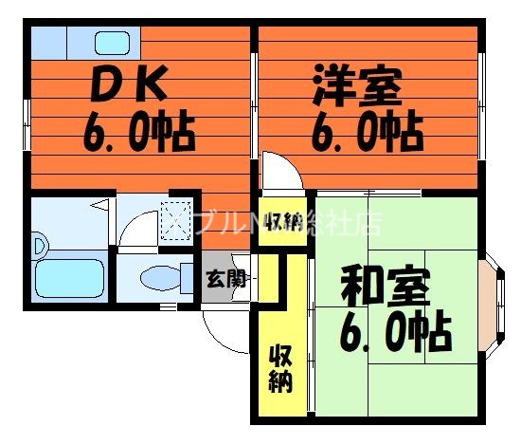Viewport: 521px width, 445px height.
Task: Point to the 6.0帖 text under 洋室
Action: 367,132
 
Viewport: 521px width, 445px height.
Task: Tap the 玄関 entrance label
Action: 226,279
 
